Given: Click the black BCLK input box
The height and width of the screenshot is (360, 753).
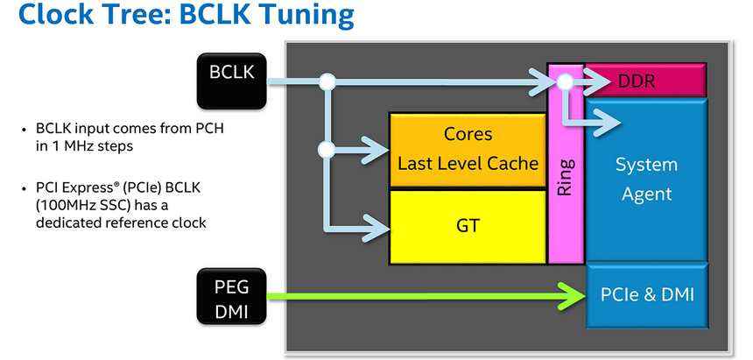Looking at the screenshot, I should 230,72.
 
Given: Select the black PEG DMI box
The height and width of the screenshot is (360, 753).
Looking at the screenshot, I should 230,297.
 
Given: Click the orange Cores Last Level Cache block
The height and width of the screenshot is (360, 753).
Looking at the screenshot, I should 468,149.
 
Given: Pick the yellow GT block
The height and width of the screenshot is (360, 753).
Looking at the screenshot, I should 468,225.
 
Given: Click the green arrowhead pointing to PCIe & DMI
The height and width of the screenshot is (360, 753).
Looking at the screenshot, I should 573,295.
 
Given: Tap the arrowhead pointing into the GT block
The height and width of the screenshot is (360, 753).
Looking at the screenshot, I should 376,229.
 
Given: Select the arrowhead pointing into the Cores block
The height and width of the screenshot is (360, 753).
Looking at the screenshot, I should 376,149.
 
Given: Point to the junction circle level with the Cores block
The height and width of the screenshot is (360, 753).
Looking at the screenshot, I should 327,149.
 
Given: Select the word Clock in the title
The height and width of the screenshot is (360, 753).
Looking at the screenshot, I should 53,16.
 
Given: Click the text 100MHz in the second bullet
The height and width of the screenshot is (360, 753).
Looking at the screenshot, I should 67,206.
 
